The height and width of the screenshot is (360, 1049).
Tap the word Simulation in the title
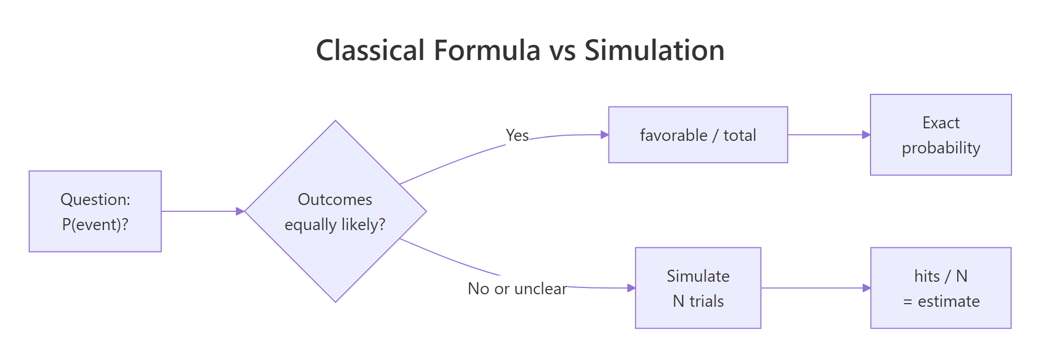click(x=654, y=51)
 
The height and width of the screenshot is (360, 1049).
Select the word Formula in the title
click(x=487, y=51)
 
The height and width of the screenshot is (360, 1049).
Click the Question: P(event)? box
click(x=95, y=211)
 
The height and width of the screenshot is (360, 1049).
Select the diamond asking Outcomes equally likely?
click(x=335, y=211)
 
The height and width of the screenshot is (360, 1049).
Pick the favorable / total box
click(x=698, y=135)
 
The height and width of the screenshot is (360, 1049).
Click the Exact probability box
click(x=940, y=135)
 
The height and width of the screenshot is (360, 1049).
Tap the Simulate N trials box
click(x=698, y=288)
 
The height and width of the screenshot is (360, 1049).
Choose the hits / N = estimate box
click(x=940, y=288)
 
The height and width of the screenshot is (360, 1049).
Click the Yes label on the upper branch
click(x=517, y=136)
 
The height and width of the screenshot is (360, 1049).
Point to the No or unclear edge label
click(x=517, y=289)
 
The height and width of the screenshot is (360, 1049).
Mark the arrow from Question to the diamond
click(x=201, y=211)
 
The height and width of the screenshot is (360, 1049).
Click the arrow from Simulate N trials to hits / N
click(x=814, y=288)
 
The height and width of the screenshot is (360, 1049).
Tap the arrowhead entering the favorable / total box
click(x=604, y=135)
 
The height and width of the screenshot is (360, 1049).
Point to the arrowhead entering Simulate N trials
click(x=631, y=288)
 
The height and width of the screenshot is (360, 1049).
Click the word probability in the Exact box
click(x=940, y=148)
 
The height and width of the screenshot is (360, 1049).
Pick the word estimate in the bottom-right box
click(x=948, y=302)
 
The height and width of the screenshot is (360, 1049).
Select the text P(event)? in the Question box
click(x=95, y=225)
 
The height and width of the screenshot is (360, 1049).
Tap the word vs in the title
click(x=562, y=51)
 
